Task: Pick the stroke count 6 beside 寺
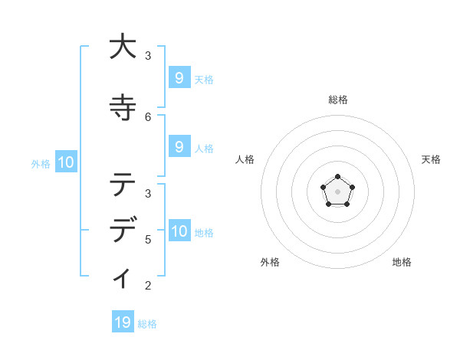(148, 117)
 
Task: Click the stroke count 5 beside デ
(148, 239)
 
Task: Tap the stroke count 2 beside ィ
(148, 286)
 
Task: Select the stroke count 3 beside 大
(148, 56)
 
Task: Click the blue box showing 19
(123, 322)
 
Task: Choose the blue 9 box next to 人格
(179, 147)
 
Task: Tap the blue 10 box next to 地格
(179, 231)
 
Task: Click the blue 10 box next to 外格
(65, 162)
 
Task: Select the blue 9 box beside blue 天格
(179, 77)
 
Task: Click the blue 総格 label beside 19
(148, 324)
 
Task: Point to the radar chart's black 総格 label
(338, 100)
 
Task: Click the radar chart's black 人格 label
(245, 159)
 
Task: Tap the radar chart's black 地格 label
(402, 262)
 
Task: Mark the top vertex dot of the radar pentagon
(338, 178)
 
